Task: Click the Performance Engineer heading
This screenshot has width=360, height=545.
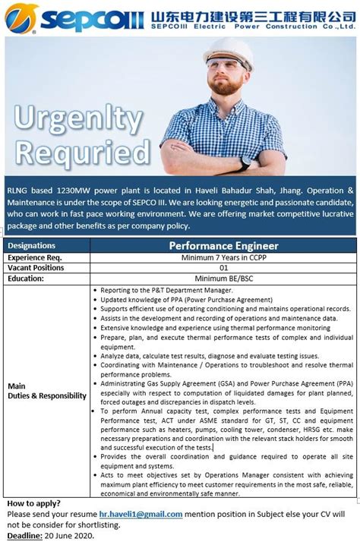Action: click(x=223, y=246)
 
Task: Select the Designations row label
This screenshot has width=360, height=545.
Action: click(x=31, y=246)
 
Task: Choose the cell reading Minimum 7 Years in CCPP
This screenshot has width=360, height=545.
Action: click(x=223, y=257)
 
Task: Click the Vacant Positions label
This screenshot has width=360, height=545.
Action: click(x=35, y=268)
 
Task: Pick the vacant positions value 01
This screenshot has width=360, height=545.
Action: click(x=223, y=268)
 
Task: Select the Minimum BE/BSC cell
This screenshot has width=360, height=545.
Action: click(x=223, y=279)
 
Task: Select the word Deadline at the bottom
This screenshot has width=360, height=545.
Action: click(x=24, y=535)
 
